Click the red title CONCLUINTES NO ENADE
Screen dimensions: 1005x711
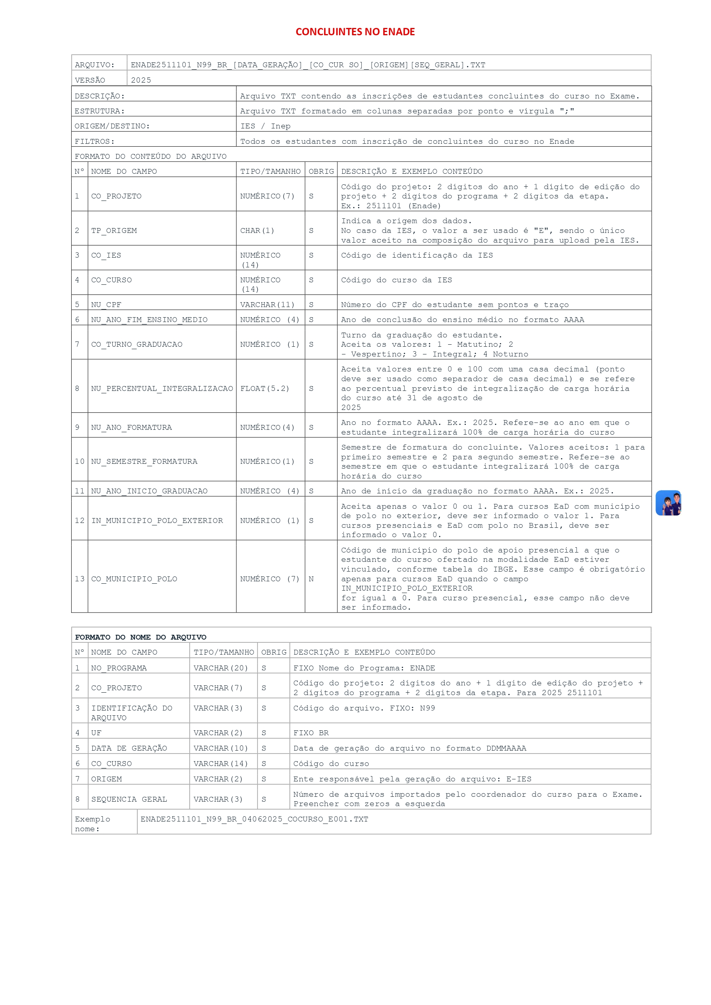coord(355,32)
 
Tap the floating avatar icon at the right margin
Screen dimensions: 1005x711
coord(668,503)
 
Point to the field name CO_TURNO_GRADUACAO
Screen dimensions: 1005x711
coord(137,344)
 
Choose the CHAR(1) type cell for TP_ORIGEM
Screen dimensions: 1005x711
coord(257,230)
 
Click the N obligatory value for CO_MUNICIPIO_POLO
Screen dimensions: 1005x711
coord(311,579)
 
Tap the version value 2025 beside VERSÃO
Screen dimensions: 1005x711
coord(141,80)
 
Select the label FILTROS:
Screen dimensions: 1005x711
coord(94,141)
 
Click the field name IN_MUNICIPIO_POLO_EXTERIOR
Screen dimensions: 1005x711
coord(157,521)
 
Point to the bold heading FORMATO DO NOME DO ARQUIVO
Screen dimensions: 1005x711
coord(141,637)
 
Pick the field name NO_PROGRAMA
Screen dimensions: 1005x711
coord(119,668)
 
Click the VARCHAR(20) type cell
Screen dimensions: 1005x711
coord(221,668)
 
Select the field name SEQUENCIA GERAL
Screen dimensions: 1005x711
coord(129,799)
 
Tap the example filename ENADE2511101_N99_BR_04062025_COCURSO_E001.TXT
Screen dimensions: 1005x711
coord(254,819)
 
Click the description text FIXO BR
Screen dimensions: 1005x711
coord(311,733)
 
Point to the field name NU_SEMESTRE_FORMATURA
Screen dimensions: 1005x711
coord(144,461)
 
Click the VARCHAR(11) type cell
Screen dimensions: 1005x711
coord(267,305)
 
